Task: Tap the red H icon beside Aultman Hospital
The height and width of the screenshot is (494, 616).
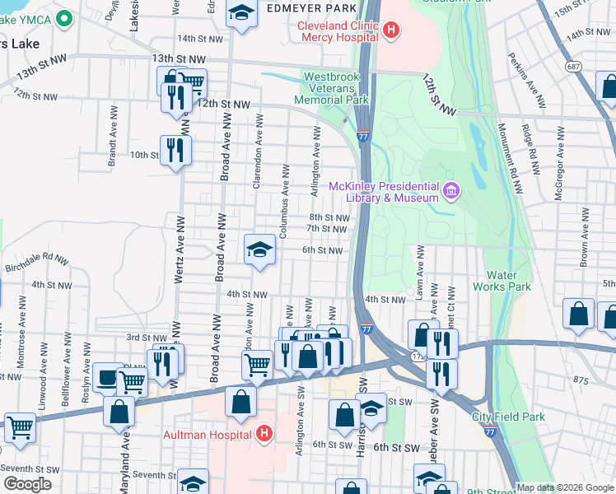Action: (x=264, y=433)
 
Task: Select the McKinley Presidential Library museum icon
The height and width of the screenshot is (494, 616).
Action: (x=450, y=192)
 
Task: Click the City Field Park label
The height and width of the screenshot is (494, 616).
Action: (x=508, y=417)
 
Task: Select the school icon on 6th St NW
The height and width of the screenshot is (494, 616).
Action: (x=259, y=249)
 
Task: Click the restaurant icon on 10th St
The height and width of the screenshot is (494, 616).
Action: (x=175, y=150)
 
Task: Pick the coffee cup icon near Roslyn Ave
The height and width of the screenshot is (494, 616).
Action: (x=107, y=377)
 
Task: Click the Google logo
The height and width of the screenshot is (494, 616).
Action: (x=28, y=484)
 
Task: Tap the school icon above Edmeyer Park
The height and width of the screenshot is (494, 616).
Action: (x=241, y=13)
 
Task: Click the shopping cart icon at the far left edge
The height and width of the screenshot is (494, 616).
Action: (x=20, y=428)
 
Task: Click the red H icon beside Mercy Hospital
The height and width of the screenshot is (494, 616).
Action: (x=391, y=31)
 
